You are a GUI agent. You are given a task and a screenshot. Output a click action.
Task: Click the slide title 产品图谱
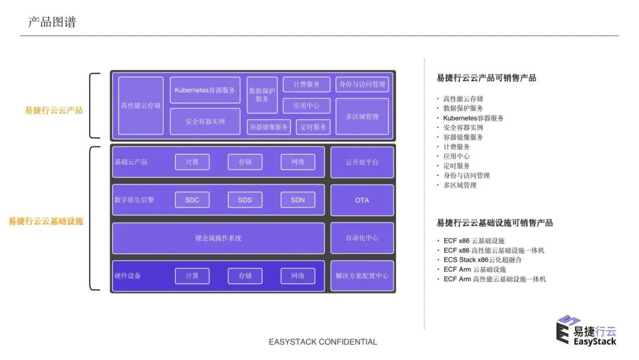pyautogui.click(x=52, y=22)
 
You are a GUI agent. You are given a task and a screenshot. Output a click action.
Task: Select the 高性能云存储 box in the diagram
pyautogui.click(x=141, y=105)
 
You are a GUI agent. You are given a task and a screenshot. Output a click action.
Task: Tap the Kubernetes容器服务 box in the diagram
pyautogui.click(x=205, y=90)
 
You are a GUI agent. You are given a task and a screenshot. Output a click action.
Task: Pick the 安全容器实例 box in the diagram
pyautogui.click(x=205, y=121)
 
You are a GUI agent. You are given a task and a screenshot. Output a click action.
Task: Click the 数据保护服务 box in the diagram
pyautogui.click(x=262, y=95)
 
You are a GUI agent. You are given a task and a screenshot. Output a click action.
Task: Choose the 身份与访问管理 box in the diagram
pyautogui.click(x=362, y=84)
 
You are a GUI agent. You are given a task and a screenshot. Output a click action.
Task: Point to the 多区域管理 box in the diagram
pyautogui.click(x=362, y=116)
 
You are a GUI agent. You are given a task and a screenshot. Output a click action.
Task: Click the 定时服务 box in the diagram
pyautogui.click(x=313, y=127)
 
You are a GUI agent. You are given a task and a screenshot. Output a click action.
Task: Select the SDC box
pyautogui.click(x=192, y=200)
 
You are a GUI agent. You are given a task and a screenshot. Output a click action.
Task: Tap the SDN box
pyautogui.click(x=298, y=200)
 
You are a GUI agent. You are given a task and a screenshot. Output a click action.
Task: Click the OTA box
pyautogui.click(x=362, y=200)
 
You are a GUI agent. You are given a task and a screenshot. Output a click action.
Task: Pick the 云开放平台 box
pyautogui.click(x=362, y=162)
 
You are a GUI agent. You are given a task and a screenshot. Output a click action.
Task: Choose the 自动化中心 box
pyautogui.click(x=362, y=238)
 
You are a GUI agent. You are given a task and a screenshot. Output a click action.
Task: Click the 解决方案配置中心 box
pyautogui.click(x=362, y=276)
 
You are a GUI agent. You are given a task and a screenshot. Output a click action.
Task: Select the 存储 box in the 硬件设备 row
pyautogui.click(x=245, y=276)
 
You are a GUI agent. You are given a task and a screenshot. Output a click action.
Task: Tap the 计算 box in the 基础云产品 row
pyautogui.click(x=192, y=162)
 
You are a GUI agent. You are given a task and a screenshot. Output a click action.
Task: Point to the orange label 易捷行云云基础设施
pyautogui.click(x=46, y=221)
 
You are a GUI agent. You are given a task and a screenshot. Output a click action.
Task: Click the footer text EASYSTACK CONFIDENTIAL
pyautogui.click(x=322, y=342)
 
